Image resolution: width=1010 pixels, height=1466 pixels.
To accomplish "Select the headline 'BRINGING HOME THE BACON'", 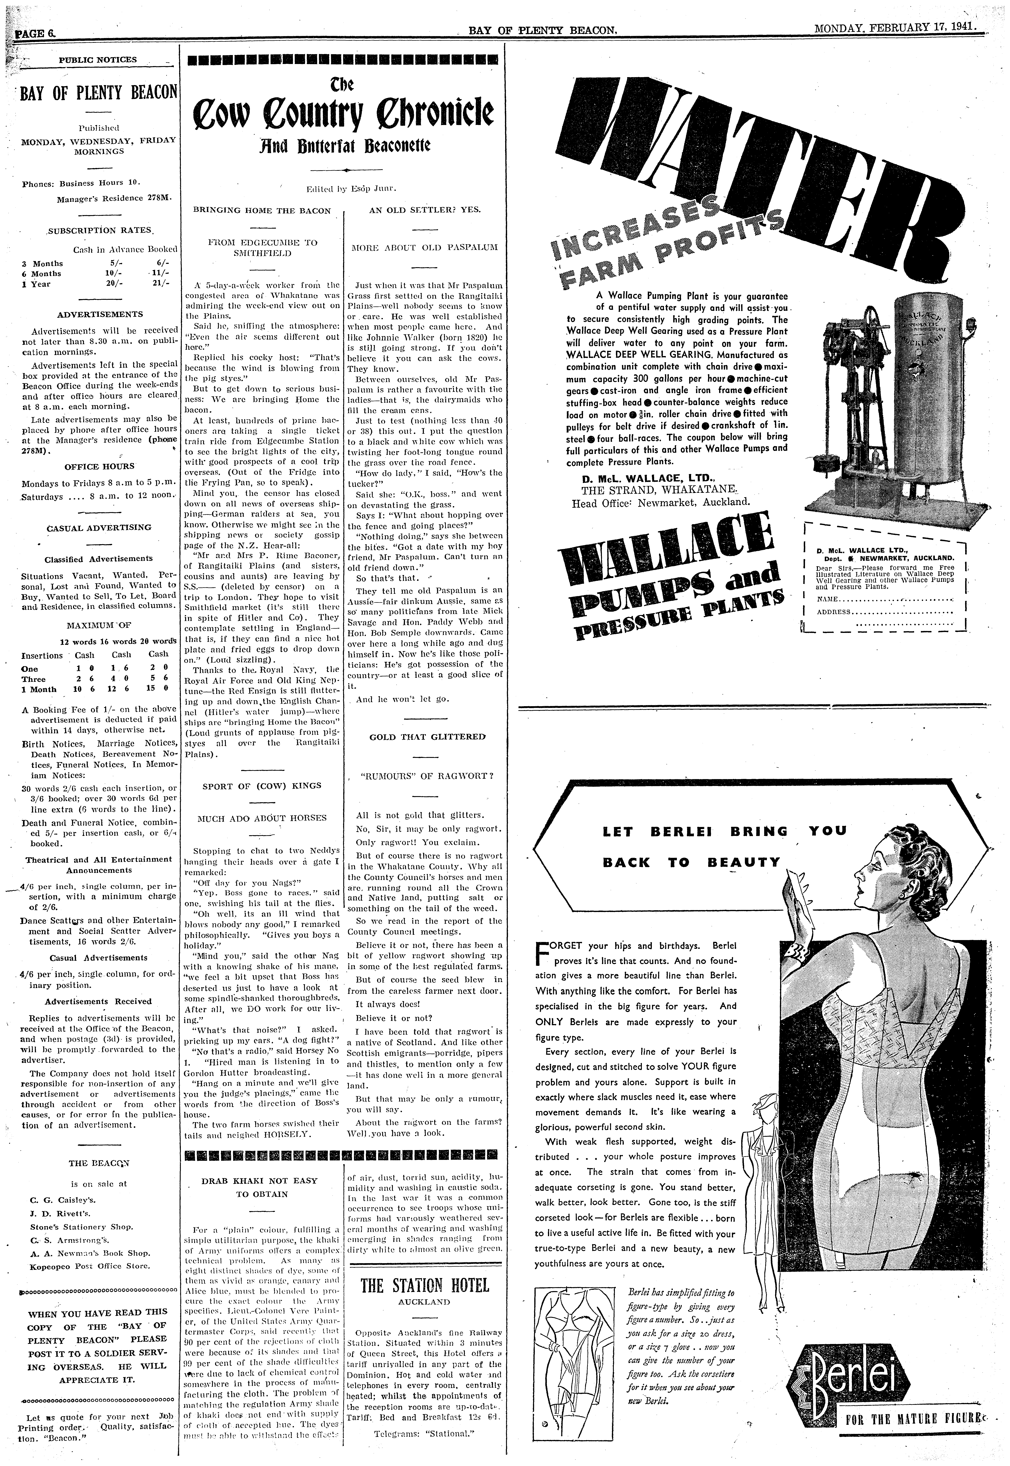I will (262, 211).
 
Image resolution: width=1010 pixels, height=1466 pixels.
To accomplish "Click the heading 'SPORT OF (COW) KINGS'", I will (262, 786).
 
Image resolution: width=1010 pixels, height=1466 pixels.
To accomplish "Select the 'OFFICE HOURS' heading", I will (99, 467).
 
